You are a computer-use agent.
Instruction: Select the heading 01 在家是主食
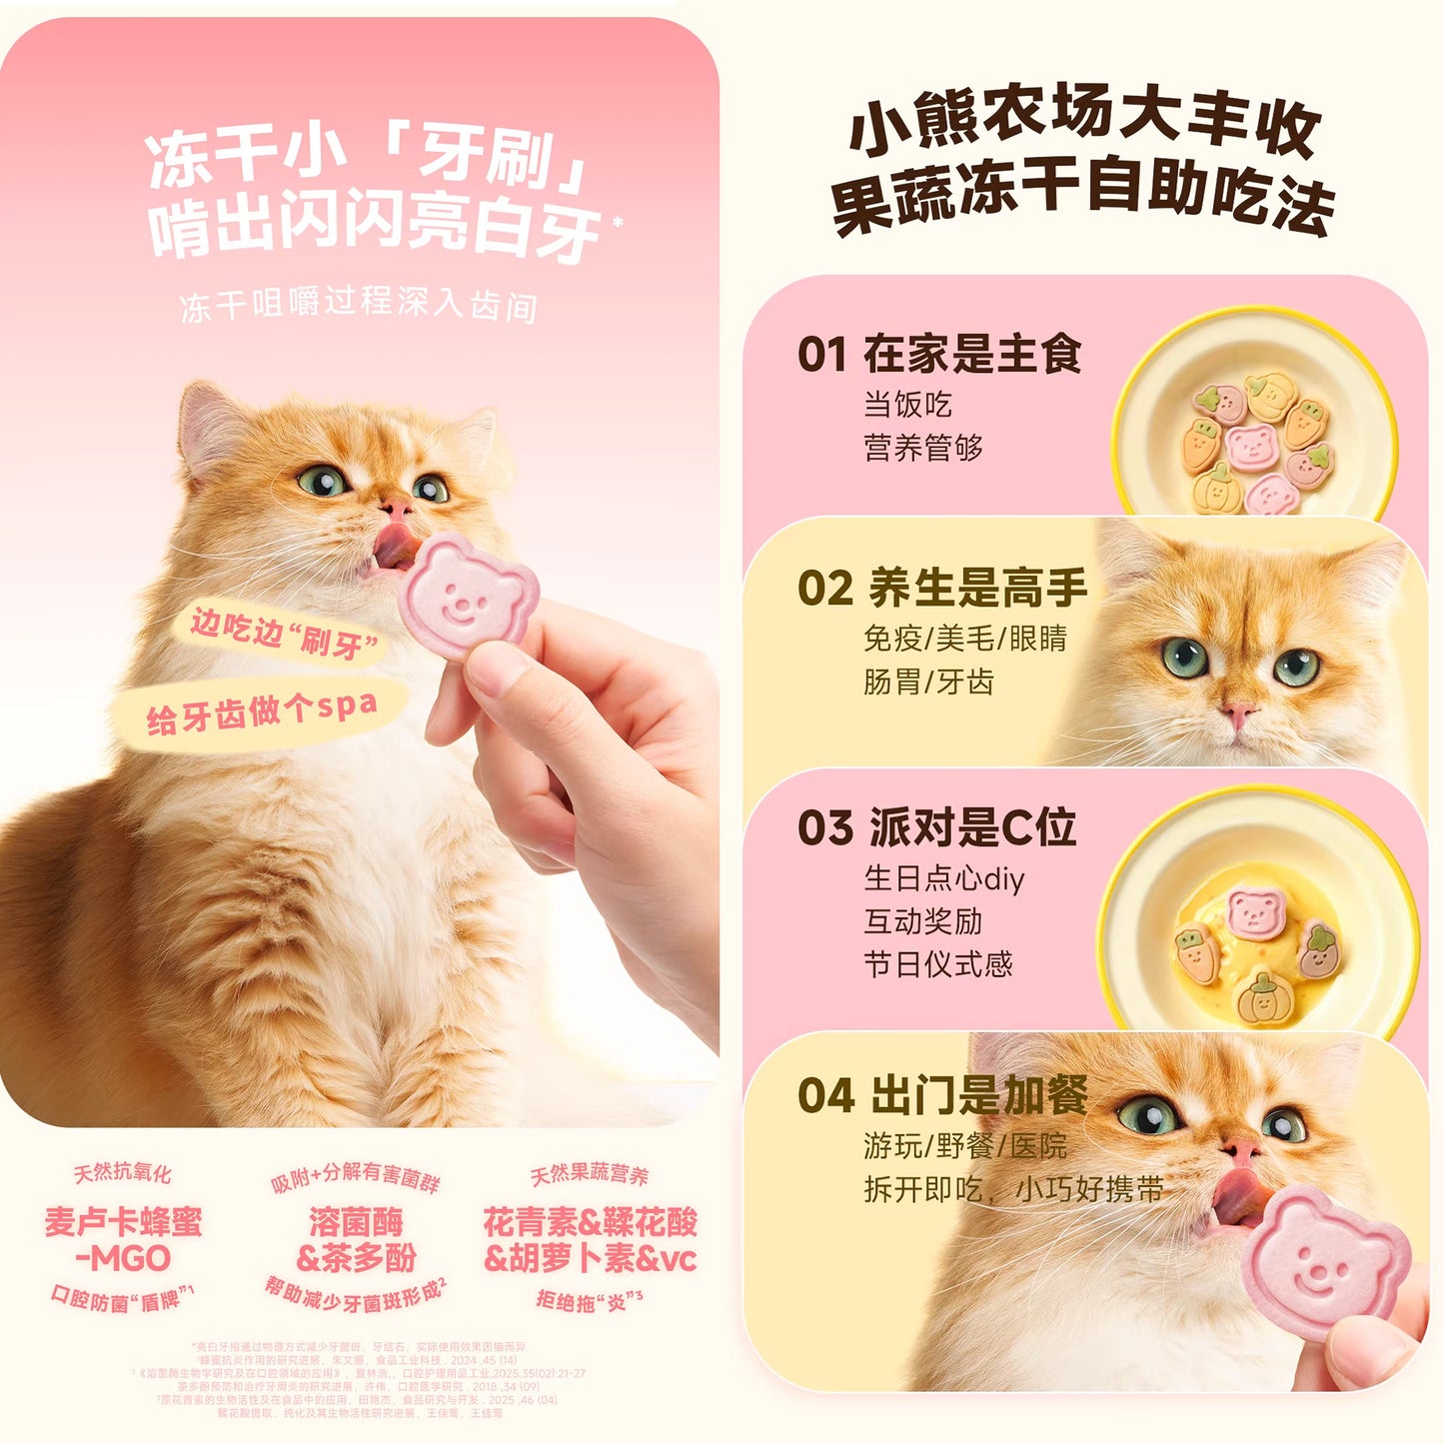(939, 355)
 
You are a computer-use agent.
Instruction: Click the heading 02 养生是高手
(942, 588)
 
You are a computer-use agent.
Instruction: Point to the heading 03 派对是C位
(936, 827)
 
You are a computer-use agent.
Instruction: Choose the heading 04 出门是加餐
(942, 1095)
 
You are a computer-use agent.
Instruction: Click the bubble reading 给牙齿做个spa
(262, 712)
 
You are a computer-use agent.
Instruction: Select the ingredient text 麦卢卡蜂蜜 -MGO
(123, 1240)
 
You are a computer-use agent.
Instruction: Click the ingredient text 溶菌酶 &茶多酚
(356, 1240)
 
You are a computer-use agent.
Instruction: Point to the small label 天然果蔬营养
(589, 1174)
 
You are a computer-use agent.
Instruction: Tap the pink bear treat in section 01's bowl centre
(1251, 445)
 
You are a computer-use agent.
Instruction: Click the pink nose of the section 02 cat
(1238, 714)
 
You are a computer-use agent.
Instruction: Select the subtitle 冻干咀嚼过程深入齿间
(359, 304)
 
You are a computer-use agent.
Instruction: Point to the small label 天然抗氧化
(122, 1173)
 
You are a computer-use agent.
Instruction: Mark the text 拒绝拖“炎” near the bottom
(589, 1299)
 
